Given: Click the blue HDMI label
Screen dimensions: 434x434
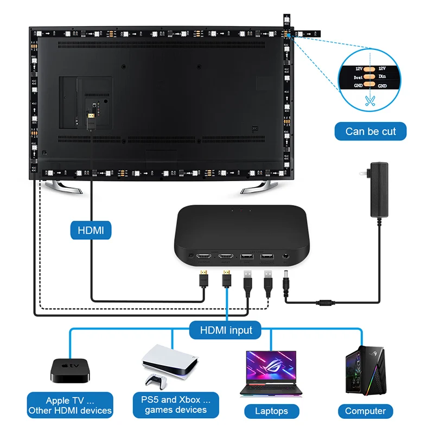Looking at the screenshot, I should tap(91, 230).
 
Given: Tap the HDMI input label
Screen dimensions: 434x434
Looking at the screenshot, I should tap(226, 330).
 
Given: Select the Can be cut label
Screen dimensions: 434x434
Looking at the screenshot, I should tap(371, 131).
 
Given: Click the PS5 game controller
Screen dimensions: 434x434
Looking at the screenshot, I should tap(157, 382).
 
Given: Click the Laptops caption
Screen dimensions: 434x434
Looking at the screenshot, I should tap(271, 411).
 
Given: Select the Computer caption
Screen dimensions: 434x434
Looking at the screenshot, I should tap(365, 411).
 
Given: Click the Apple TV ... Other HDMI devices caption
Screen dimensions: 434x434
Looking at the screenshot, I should tap(71, 405).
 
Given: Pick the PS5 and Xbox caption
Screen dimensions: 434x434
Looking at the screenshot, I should tap(176, 405).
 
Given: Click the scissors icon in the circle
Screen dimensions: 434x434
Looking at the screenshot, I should tap(370, 100).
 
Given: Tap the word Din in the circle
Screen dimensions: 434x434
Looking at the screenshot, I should tap(382, 76).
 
